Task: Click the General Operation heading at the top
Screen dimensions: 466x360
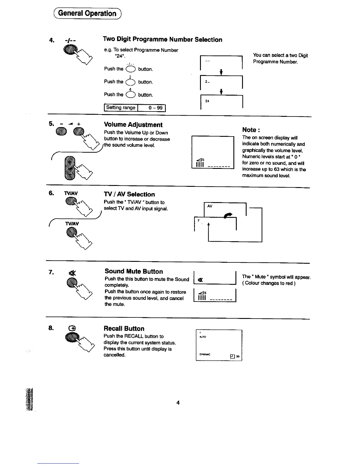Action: (87, 13)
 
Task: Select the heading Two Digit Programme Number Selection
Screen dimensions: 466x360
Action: (162, 39)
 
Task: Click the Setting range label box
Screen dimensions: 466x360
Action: (121, 108)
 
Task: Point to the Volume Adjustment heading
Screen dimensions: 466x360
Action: (133, 125)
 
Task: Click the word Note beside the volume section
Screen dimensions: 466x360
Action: (249, 130)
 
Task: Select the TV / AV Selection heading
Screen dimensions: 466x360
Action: (129, 194)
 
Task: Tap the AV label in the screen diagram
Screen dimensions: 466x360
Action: (210, 206)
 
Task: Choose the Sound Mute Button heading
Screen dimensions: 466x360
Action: (134, 271)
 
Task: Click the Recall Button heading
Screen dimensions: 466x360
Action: (124, 329)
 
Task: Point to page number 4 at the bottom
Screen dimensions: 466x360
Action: (178, 403)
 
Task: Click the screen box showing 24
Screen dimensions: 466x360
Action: (221, 102)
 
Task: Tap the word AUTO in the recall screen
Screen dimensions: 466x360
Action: (203, 337)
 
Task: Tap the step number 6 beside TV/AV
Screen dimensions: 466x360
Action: (51, 193)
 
